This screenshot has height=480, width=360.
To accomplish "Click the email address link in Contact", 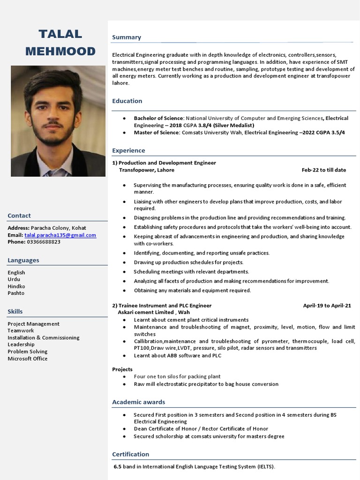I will click(x=60, y=235).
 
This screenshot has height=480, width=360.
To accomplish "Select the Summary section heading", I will click(x=127, y=37).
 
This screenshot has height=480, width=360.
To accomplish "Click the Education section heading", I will click(x=127, y=101).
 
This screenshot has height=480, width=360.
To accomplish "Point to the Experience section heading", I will click(x=128, y=150).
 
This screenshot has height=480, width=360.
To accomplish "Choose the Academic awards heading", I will click(x=138, y=402).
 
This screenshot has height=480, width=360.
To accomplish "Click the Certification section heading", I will click(x=130, y=454).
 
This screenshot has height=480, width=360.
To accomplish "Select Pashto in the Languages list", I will click(x=16, y=293).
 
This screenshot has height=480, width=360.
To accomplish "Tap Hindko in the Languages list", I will click(x=16, y=286).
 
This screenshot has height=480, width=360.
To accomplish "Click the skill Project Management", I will click(x=33, y=324).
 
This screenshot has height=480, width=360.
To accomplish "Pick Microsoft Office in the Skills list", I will click(x=27, y=359).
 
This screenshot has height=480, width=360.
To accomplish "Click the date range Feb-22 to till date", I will click(x=323, y=170).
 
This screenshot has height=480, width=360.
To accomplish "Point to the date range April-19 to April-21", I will click(x=327, y=306).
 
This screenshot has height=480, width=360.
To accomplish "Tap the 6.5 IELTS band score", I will click(x=118, y=467).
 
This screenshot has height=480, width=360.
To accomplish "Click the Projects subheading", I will click(x=122, y=369).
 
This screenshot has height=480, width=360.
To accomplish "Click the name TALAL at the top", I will click(x=60, y=34).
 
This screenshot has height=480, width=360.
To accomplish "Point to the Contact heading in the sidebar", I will click(x=19, y=216).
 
